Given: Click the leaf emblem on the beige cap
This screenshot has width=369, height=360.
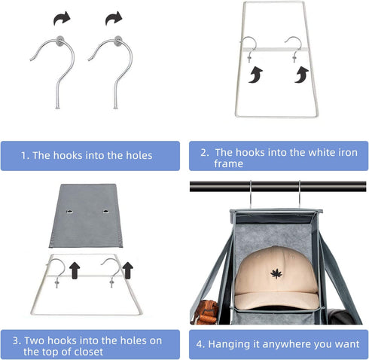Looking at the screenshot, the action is [276, 273].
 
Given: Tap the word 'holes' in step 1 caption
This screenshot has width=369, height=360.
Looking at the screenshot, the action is [139, 155].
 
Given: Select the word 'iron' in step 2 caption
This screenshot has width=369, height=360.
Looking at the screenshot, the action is [346, 152].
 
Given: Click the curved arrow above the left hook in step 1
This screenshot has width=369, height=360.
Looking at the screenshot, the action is [62, 18].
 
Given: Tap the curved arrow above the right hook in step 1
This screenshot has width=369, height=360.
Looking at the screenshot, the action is [114, 18].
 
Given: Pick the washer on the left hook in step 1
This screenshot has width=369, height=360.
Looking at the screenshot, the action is [60, 40].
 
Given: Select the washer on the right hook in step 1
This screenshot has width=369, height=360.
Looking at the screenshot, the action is [118, 41].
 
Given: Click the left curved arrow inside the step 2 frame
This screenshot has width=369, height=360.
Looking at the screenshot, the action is [255, 75].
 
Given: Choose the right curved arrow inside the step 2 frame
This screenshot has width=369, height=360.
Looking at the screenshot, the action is [301, 75].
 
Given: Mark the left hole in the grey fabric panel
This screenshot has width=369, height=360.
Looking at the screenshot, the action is [70, 212].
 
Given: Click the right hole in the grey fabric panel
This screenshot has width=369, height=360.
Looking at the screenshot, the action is [106, 211].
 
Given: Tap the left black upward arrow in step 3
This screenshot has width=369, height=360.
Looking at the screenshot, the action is [75, 270].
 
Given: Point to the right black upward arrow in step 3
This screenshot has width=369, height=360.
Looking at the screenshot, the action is [128, 270].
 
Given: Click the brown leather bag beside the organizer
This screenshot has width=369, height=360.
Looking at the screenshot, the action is [205, 312].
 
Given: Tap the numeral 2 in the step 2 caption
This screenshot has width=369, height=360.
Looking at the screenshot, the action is [204, 153].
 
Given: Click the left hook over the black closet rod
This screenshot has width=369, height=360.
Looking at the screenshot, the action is [251, 194].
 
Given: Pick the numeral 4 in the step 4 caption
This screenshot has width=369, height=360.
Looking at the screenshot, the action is [200, 344].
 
